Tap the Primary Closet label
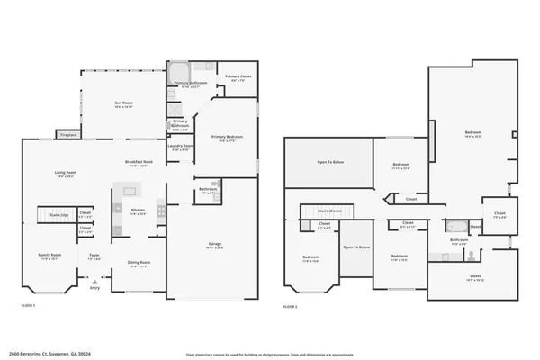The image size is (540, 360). tap(238, 78)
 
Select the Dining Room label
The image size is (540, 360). tap(139, 265)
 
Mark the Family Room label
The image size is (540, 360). tap(49, 256)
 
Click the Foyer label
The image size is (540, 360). tap(94, 256)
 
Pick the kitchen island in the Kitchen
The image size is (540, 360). tap(127, 191)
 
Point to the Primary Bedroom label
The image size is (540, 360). tap(227, 138)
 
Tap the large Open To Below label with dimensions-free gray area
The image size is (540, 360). tap(329, 162)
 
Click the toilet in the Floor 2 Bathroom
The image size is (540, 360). tap(472, 255)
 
